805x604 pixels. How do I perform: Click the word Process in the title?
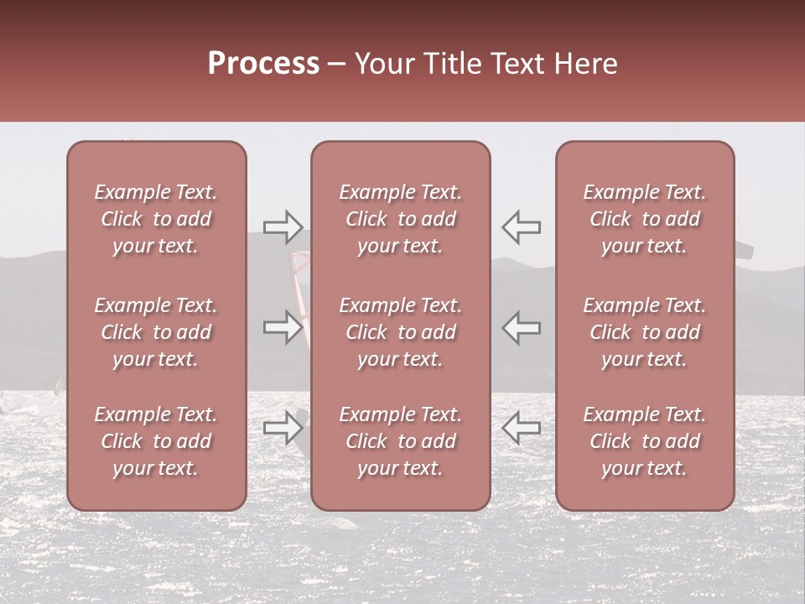coord(263,64)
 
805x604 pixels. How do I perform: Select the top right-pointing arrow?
coord(283,226)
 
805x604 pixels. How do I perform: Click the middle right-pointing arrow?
coord(283,327)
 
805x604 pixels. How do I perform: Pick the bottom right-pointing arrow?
coord(283,428)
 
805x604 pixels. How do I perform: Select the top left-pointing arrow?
coord(521,226)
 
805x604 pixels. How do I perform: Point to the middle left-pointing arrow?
coord(521,327)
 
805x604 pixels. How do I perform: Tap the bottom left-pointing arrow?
coord(521,428)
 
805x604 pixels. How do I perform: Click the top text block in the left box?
coord(156,219)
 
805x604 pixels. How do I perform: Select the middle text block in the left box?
coord(156,332)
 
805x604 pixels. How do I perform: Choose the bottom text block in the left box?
coord(156,441)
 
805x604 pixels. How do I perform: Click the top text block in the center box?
coord(401,219)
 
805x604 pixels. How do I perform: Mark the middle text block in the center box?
coord(401,332)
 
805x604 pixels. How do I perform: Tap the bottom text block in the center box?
coord(401,441)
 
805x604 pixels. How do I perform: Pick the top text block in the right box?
coord(645,219)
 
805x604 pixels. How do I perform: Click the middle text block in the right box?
coord(645,332)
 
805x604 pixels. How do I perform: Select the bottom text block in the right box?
coord(645,441)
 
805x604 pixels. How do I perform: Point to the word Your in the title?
coord(385,64)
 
